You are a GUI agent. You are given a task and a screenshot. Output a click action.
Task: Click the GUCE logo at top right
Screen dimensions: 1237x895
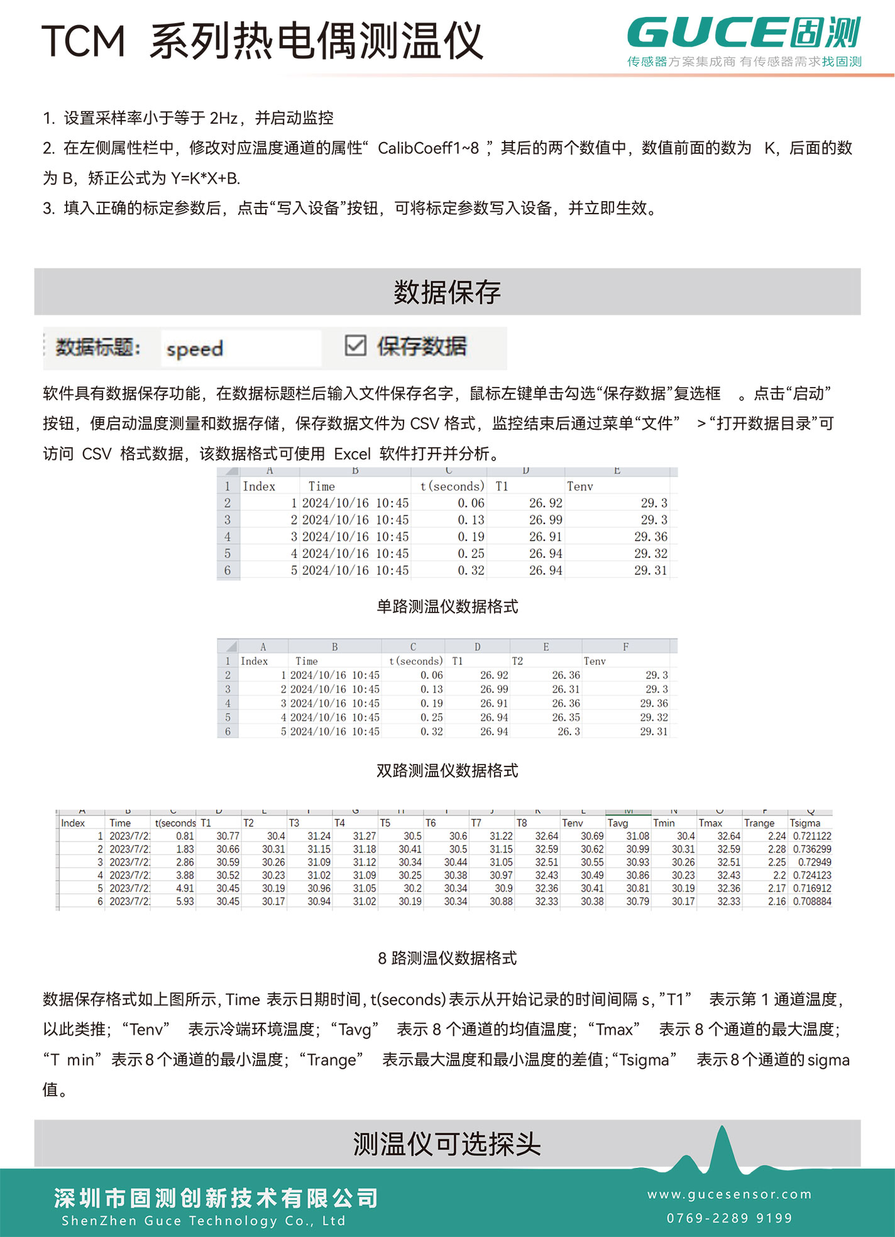(x=744, y=35)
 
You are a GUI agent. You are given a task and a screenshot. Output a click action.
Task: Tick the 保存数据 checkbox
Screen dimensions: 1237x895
(x=356, y=346)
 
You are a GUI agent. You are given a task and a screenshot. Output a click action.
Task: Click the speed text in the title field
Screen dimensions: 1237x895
(x=195, y=349)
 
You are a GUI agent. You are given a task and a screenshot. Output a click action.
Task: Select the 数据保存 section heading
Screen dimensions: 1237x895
(x=447, y=292)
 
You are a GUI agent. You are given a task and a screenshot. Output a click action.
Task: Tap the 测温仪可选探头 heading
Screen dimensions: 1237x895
(x=447, y=1144)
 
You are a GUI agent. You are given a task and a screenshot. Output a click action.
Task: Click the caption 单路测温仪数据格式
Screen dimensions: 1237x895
(x=447, y=606)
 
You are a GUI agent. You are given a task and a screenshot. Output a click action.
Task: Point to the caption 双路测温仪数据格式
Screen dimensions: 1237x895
(x=447, y=770)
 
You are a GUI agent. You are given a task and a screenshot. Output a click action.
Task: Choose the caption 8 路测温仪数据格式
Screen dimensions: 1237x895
(x=447, y=958)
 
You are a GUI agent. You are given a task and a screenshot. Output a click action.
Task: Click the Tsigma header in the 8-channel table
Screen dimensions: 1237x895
(x=805, y=823)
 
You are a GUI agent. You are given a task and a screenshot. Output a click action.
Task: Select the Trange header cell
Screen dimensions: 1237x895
(x=759, y=823)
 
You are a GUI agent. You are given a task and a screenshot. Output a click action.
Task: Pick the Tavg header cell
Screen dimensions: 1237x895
(x=618, y=823)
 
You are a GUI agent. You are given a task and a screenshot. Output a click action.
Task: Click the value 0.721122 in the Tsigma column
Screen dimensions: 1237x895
(x=812, y=836)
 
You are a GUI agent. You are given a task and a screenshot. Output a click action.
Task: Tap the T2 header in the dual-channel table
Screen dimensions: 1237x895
(x=517, y=661)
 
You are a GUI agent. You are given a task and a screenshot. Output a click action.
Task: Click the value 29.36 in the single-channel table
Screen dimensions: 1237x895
(x=651, y=537)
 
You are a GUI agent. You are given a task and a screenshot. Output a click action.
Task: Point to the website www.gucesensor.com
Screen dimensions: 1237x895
(x=730, y=1194)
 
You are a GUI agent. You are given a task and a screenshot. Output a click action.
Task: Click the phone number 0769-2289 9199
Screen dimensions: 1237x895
(x=730, y=1219)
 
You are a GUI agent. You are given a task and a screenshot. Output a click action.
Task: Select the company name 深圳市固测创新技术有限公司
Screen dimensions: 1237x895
(x=216, y=1198)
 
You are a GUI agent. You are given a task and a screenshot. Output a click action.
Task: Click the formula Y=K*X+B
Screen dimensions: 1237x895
(x=206, y=178)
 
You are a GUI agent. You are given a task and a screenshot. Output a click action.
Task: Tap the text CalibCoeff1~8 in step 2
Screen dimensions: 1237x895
(x=428, y=148)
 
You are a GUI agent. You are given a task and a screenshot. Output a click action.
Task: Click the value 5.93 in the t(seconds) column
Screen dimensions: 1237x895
(x=185, y=902)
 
